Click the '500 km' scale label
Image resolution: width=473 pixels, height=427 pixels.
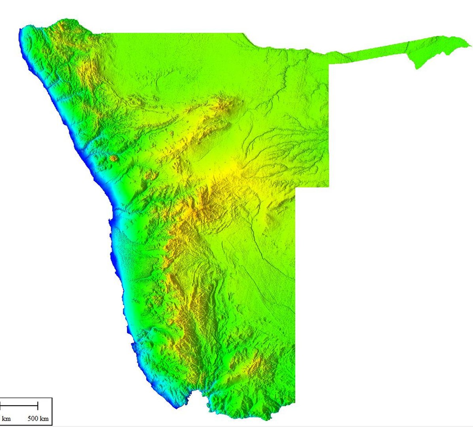tap(38, 418)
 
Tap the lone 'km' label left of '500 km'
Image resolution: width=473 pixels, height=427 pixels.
tap(6, 418)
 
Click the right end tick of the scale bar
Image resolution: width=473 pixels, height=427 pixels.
tap(38, 405)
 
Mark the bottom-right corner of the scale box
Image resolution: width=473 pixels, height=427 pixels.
tap(52, 425)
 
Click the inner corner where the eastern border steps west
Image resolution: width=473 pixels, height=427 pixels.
tap(296, 187)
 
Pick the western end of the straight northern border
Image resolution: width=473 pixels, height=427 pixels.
tap(101, 33)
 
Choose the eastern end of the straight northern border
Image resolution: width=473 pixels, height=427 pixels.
tap(242, 33)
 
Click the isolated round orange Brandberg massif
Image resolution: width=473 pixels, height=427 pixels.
tap(114, 159)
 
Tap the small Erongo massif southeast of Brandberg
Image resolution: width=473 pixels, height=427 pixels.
tap(150, 176)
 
